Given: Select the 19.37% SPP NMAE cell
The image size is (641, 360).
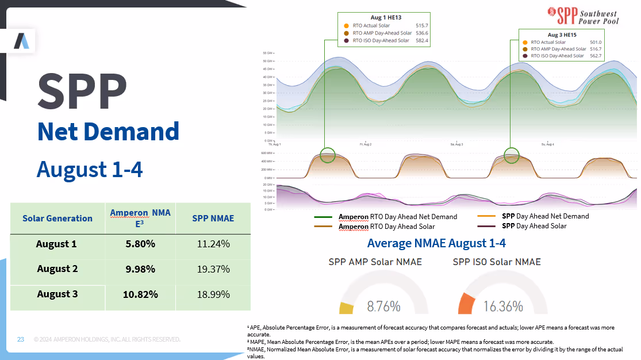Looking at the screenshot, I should click(x=213, y=269).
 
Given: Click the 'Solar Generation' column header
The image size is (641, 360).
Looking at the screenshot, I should click(x=57, y=219).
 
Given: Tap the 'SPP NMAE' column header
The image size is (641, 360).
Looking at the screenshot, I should click(x=213, y=219).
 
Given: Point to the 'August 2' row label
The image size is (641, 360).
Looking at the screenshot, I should click(x=57, y=269).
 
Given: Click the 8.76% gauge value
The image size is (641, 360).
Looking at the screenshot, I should click(x=383, y=307).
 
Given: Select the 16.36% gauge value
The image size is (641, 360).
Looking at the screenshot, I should click(x=503, y=307).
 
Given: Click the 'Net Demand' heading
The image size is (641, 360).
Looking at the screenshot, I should click(x=108, y=132).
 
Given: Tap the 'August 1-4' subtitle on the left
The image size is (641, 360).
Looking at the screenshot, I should click(x=90, y=170).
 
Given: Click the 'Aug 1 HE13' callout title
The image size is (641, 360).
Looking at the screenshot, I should click(x=383, y=18).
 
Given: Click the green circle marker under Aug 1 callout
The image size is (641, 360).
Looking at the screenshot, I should click(x=327, y=155).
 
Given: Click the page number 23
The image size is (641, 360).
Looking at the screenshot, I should click(x=21, y=339).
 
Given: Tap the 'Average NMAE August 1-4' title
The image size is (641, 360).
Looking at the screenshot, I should click(x=436, y=243).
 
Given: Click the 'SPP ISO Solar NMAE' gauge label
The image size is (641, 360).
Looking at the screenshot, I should click(x=497, y=262).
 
